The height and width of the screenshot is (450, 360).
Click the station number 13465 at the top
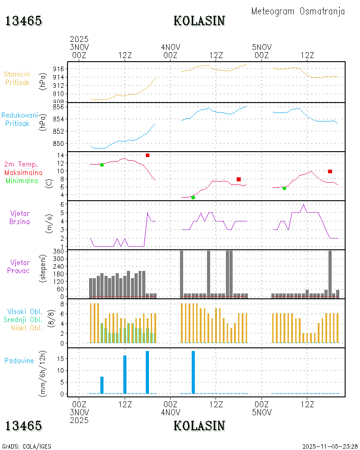pyautogui.click(x=23, y=21)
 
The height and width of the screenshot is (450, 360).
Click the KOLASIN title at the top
pyautogui.click(x=199, y=21)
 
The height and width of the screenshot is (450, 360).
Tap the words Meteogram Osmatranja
pyautogui.click(x=298, y=11)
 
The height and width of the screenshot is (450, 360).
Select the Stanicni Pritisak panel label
pyautogui.click(x=17, y=78)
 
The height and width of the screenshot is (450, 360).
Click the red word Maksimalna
pyautogui.click(x=23, y=172)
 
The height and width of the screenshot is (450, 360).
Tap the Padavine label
pyautogui.click(x=19, y=360)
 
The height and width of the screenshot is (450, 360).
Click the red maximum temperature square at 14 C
pyautogui.click(x=148, y=155)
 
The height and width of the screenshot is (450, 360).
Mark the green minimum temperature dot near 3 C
pyautogui.click(x=193, y=198)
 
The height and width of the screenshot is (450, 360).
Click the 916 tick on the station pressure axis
pyautogui.click(x=59, y=69)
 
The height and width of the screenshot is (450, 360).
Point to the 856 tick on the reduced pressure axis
pyautogui.click(x=59, y=107)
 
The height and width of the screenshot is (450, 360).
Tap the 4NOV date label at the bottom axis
pyautogui.click(x=171, y=412)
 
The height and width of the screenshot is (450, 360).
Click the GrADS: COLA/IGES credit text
pyautogui.click(x=27, y=446)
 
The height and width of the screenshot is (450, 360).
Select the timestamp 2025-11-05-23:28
pyautogui.click(x=330, y=446)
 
